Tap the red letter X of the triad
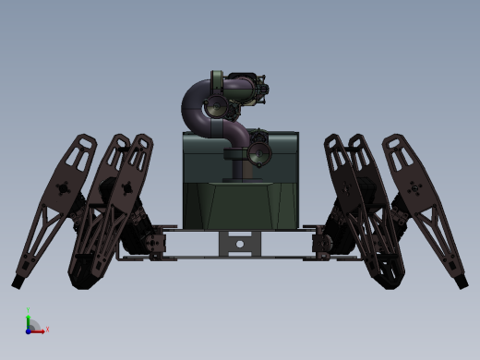point(46,329)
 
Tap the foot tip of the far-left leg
point(18,280)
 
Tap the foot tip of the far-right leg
point(461,280)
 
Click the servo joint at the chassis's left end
point(156,243)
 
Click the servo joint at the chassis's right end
point(323,243)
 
